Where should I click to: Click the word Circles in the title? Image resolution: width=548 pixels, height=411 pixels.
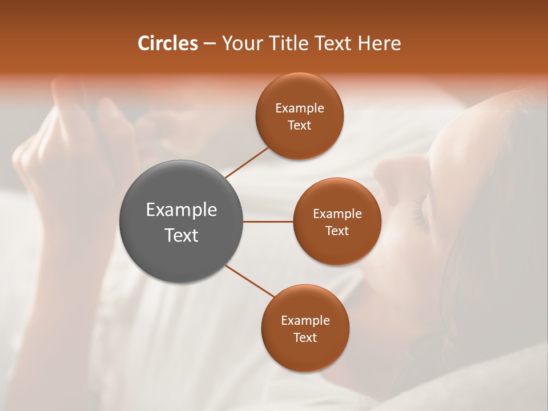click(167, 43)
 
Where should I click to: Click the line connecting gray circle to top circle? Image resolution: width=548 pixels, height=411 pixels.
click(247, 162)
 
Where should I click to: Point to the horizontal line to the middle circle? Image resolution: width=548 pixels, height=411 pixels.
click(268, 221)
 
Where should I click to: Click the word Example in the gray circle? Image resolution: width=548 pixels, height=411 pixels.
click(182, 210)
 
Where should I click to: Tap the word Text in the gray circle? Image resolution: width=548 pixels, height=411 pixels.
click(182, 235)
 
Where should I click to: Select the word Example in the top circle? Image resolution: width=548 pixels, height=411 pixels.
click(300, 108)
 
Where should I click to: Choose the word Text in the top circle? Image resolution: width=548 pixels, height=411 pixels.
click(300, 125)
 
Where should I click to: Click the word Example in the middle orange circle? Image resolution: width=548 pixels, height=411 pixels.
click(337, 213)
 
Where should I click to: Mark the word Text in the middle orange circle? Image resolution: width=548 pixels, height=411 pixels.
click(337, 231)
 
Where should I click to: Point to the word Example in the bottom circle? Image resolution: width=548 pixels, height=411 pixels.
click(305, 320)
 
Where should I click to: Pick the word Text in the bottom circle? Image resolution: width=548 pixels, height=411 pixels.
click(305, 337)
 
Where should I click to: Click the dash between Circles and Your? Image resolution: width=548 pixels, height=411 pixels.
click(209, 43)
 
